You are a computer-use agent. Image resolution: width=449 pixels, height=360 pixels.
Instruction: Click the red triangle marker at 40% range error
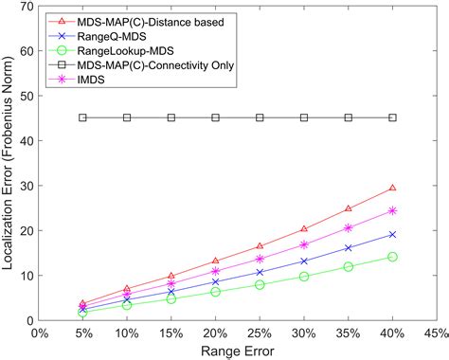coord(392,189)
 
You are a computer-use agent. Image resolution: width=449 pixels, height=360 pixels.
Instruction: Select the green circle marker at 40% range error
coord(392,257)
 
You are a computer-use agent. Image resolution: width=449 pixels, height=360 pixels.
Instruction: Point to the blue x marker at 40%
coord(392,234)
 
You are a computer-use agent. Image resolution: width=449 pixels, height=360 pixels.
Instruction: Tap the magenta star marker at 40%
coord(392,210)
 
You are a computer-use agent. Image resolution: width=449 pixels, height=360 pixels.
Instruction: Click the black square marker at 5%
coord(82,117)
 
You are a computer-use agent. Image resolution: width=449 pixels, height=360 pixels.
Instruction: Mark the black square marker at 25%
coord(260,117)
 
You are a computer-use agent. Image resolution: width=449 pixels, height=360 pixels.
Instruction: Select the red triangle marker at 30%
coord(304,229)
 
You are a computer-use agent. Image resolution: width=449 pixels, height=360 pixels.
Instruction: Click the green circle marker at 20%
coord(215,292)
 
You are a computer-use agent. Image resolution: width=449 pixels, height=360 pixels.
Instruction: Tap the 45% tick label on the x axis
coord(436,333)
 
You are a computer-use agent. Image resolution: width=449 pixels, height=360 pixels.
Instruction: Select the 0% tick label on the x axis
coord(39,333)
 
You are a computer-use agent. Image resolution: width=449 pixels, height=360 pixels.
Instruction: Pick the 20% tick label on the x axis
coord(215,333)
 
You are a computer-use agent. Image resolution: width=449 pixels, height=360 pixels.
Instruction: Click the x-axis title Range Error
coord(237,351)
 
